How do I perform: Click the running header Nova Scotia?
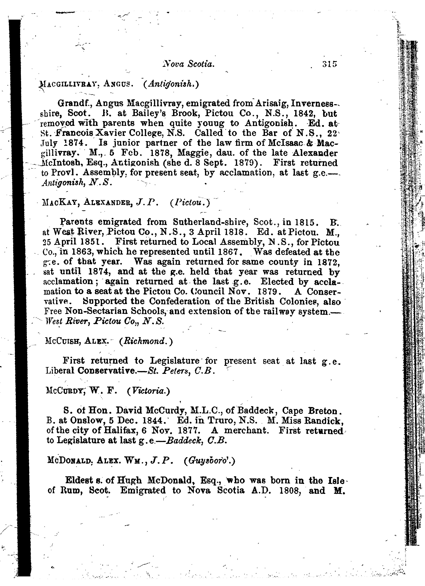188,64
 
